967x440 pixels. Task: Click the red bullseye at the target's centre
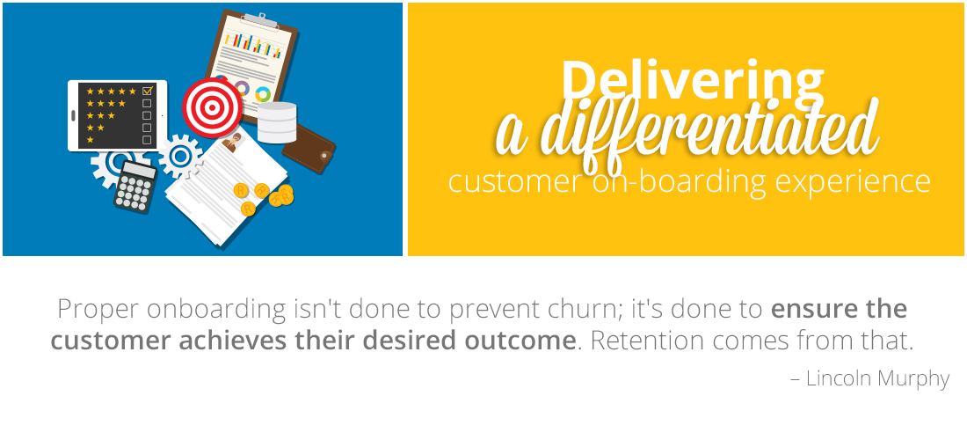pyautogui.click(x=212, y=108)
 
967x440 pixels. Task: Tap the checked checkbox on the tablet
pyautogui.click(x=147, y=91)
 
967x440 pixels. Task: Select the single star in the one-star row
pyautogui.click(x=90, y=140)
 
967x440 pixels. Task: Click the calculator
pyautogui.click(x=135, y=187)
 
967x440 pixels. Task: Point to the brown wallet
pyautogui.click(x=309, y=149)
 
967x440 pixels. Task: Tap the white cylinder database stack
pyautogui.click(x=277, y=123)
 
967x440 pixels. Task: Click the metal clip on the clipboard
pyautogui.click(x=260, y=19)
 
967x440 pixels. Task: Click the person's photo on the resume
pyautogui.click(x=233, y=143)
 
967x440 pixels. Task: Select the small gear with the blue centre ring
pyautogui.click(x=181, y=157)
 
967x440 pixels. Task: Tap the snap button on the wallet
pyautogui.click(x=324, y=158)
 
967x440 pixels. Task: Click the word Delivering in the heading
pyautogui.click(x=692, y=80)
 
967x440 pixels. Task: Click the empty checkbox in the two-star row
pyautogui.click(x=147, y=128)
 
